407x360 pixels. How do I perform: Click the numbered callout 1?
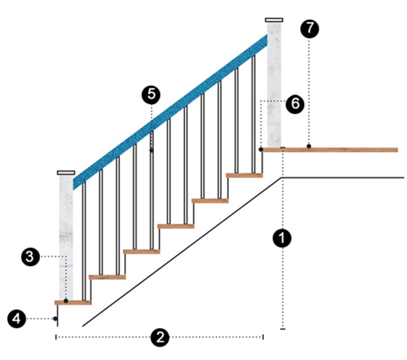click(x=282, y=239)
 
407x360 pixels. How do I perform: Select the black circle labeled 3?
click(x=29, y=256)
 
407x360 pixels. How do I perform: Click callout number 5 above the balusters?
click(x=151, y=94)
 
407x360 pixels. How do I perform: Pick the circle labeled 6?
click(x=294, y=104)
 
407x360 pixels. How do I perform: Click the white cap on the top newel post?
click(x=275, y=20)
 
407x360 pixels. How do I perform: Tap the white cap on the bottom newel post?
click(x=66, y=172)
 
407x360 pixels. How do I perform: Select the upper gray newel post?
click(x=275, y=83)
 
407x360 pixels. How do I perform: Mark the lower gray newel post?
click(x=67, y=235)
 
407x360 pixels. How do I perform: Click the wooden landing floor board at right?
click(x=337, y=150)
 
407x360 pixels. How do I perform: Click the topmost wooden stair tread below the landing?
click(x=244, y=175)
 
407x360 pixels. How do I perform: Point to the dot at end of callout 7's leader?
click(x=309, y=147)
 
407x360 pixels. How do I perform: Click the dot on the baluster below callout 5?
click(x=151, y=151)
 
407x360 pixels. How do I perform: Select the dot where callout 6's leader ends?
click(x=261, y=149)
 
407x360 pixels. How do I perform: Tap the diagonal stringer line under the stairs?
click(x=184, y=251)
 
